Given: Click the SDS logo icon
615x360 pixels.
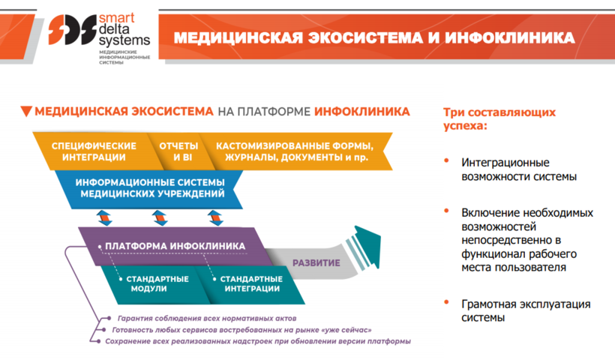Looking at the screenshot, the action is point(72,30).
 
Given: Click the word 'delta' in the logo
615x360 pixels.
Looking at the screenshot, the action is point(114,29).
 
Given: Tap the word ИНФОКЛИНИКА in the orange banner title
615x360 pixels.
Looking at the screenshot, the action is point(509,38).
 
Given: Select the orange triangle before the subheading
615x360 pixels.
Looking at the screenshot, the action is point(26,111).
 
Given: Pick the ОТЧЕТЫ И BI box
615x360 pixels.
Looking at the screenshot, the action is point(178,151).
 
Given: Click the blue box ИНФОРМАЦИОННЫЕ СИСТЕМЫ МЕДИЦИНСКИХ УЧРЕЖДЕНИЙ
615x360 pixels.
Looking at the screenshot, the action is point(149,189).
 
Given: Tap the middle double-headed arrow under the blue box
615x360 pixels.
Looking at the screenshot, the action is point(160,218).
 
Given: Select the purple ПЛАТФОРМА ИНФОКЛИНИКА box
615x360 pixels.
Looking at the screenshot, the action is point(175,246).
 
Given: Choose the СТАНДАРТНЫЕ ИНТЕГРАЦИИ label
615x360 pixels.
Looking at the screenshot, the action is point(251,284).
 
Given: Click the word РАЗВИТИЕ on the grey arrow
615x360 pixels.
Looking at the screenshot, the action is point(316,263).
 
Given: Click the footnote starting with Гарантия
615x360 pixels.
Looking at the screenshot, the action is point(207,319).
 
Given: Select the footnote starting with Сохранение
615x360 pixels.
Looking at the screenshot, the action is point(258,341).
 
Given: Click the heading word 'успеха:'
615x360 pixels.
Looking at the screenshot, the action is point(465,126).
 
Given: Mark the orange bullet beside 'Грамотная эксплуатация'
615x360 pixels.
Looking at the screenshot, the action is point(446,302).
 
